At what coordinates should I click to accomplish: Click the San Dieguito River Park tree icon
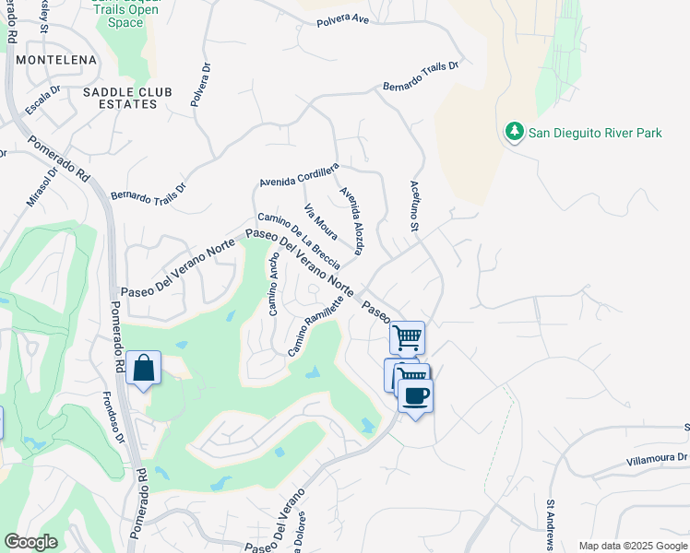[x=515, y=133]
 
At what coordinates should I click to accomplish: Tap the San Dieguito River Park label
[x=595, y=134]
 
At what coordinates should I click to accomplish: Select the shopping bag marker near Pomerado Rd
[x=143, y=368]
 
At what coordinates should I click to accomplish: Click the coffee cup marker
[x=415, y=396]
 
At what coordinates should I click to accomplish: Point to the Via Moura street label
[x=320, y=221]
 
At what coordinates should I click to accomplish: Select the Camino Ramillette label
[x=316, y=326]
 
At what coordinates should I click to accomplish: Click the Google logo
[x=30, y=542]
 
